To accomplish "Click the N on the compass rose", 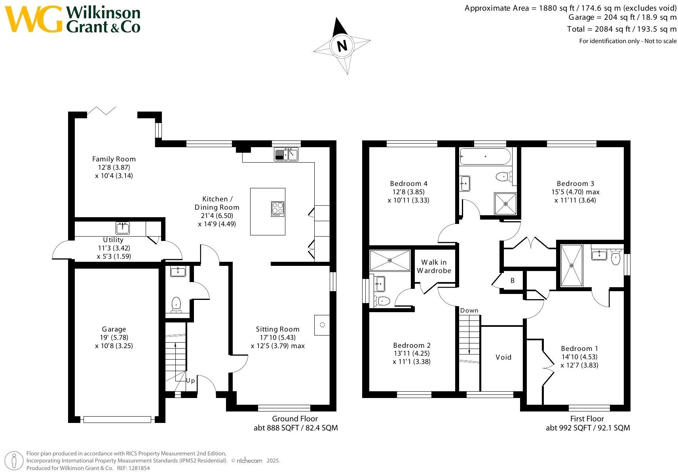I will pos(342,45).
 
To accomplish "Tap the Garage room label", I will pos(114,329).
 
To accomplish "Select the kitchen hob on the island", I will pos(277,209).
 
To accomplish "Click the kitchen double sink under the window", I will pos(286,154).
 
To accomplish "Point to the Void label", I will pos(503,357).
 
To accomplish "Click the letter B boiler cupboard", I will pos(513,281).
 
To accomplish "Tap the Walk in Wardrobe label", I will pos(434,266).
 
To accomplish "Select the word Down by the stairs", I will pos(469,311).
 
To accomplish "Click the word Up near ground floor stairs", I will pos(190,381).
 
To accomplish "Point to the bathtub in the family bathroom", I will pos(485,156).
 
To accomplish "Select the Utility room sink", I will pos(123,228).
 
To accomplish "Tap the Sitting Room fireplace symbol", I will pos(322,325).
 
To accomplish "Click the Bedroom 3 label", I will pos(575,184).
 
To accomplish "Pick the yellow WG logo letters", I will pos(34,19).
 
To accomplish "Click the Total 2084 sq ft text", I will pos(621,29).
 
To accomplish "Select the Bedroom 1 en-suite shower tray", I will pos(572,265).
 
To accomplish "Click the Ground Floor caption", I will pos(295,419).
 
